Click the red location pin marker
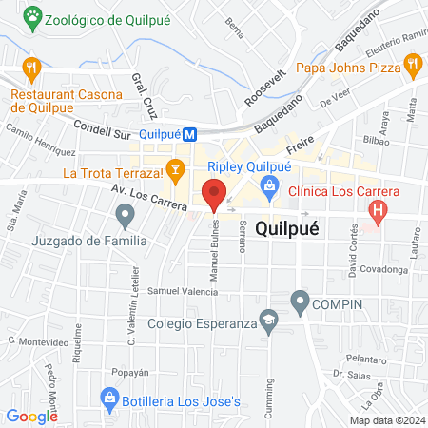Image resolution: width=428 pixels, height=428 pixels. pos(215,194)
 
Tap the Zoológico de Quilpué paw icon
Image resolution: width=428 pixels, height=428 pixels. pos(34,16)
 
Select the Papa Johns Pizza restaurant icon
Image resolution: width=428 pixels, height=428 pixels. pos(412,67)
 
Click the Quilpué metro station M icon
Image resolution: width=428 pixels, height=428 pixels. pos(190,135)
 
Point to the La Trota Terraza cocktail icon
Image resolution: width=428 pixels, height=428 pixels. pos(175,172)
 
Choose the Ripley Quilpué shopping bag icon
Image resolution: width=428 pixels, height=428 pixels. pos(271,185)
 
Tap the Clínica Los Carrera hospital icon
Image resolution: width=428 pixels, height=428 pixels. pos(379,211)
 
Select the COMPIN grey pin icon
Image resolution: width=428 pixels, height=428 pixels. pos(301,303)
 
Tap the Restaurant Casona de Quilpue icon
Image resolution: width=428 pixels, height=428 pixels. pos(32,68)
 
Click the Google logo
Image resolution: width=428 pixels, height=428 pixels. pos(32,416)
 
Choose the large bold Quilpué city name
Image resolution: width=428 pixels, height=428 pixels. pos(287,230)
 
